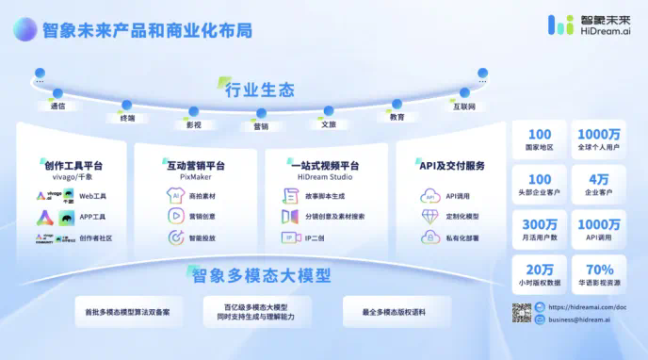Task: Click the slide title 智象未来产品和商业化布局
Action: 147,30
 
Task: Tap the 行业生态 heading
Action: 260,90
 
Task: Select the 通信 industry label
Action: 57,106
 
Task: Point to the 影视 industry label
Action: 193,123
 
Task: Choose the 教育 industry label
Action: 397,117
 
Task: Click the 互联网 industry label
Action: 464,106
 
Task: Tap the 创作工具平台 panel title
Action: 73,166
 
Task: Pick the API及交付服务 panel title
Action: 452,166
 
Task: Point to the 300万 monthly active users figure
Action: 540,224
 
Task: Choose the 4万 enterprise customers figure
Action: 599,179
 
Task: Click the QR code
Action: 521,313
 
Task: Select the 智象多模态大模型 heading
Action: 262,276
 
